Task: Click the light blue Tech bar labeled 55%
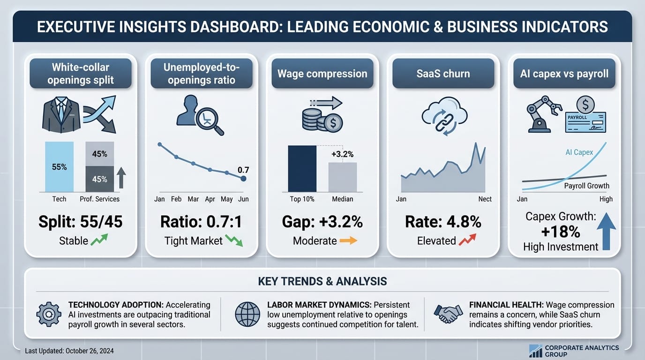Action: tap(59, 167)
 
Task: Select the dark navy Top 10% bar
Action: tap(302, 169)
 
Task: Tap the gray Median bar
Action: tap(342, 177)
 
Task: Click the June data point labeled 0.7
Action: tap(243, 179)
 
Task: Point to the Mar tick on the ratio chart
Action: tap(193, 199)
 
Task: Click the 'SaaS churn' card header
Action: tap(443, 74)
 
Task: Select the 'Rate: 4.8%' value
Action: tap(443, 222)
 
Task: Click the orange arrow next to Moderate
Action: tap(348, 241)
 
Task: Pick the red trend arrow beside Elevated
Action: tap(467, 241)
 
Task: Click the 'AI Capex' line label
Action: tap(579, 152)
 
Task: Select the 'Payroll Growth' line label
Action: tap(586, 186)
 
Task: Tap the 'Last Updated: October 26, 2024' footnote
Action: tap(69, 351)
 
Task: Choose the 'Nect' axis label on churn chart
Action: tap(485, 199)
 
